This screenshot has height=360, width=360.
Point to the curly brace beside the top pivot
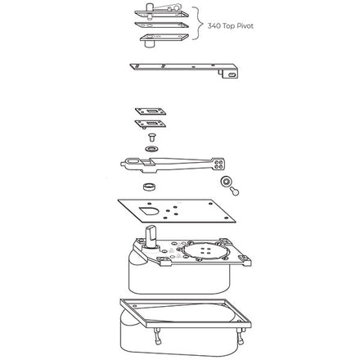(199, 24)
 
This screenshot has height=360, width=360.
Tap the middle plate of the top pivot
(162, 25)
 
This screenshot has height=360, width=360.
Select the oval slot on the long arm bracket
(232, 74)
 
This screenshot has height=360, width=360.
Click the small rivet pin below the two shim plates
(151, 137)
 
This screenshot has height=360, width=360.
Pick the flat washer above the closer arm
(151, 149)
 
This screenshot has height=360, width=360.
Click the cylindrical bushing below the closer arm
(150, 187)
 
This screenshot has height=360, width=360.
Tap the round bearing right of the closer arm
(226, 181)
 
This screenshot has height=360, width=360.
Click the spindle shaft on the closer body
(151, 236)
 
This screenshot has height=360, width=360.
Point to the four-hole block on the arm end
(218, 164)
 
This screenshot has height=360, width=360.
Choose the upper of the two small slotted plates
(151, 111)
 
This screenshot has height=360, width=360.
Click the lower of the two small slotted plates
(151, 124)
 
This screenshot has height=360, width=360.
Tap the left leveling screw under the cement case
(157, 336)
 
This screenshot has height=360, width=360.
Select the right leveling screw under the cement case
(241, 336)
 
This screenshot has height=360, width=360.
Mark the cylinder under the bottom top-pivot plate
(149, 44)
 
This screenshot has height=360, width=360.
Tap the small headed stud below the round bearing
(234, 191)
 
